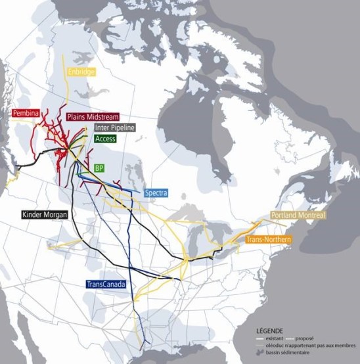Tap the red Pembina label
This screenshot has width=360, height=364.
(26, 114)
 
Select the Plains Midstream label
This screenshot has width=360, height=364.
(92, 117)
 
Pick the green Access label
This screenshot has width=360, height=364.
(105, 139)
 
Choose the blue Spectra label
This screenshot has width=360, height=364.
(156, 193)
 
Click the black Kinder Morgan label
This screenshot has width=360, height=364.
(43, 215)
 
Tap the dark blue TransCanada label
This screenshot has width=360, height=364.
(106, 284)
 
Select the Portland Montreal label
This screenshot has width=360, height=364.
(298, 216)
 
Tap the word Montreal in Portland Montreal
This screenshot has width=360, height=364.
(310, 216)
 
